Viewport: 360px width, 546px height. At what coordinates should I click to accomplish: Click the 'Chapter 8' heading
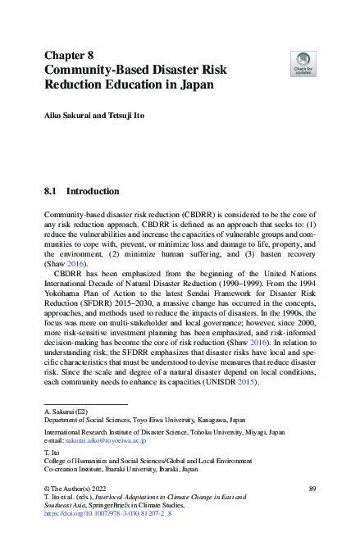click(71, 55)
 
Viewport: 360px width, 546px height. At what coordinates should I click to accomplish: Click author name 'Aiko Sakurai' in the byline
click(67, 116)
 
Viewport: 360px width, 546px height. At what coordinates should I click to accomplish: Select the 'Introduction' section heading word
click(92, 191)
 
